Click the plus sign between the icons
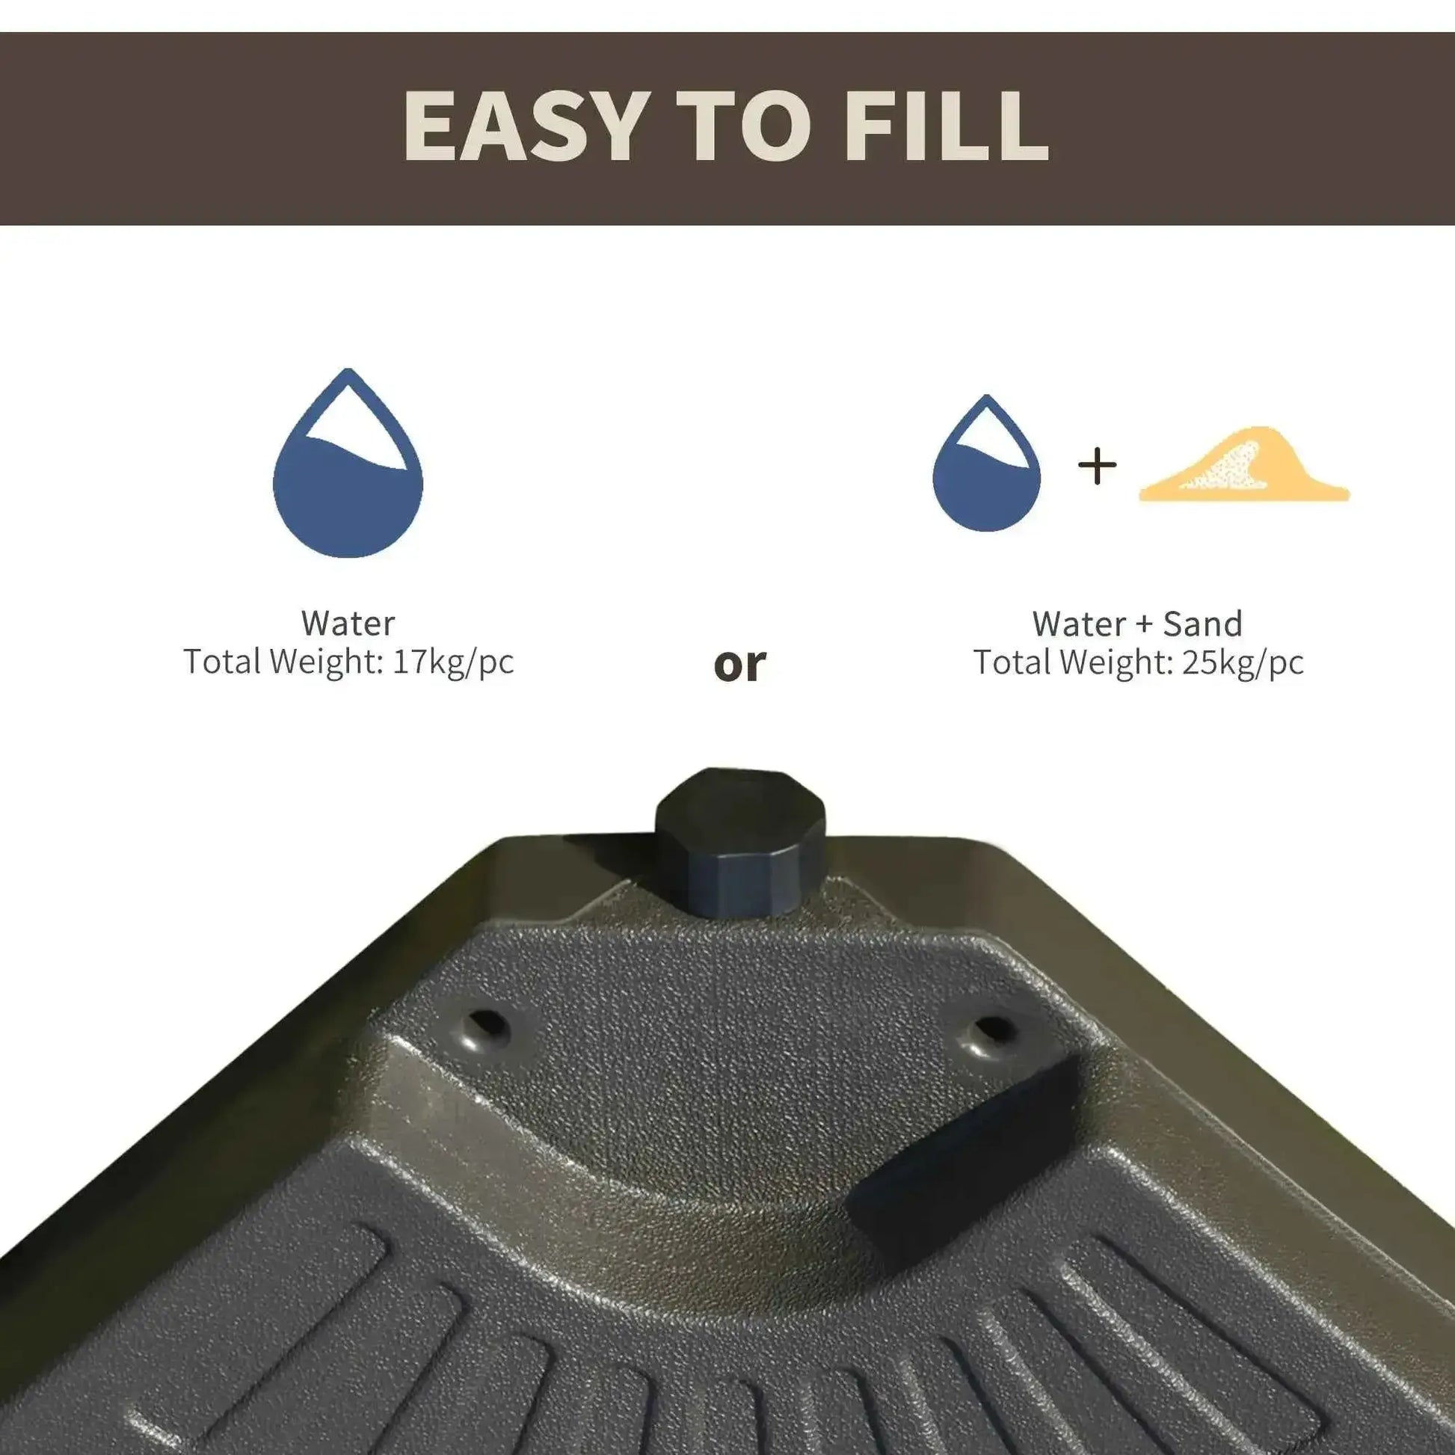coord(1097,466)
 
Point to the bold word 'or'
coord(739,664)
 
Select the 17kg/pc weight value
coord(452,662)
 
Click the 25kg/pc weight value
coord(1243,662)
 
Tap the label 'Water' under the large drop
coord(348,624)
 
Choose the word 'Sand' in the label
coord(1203,624)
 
